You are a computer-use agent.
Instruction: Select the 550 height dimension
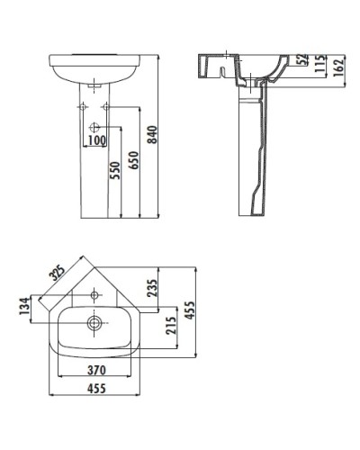pyautogui.click(x=114, y=172)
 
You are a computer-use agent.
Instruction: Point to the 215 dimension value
pyautogui.click(x=173, y=332)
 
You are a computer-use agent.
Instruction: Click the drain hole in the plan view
pyautogui.click(x=94, y=321)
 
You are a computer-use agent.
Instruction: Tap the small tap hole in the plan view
pyautogui.click(x=95, y=292)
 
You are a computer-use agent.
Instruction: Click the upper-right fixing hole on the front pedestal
pyautogui.click(x=106, y=107)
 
